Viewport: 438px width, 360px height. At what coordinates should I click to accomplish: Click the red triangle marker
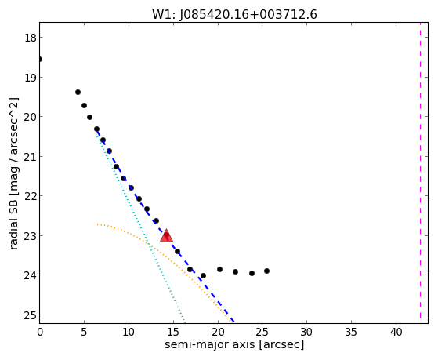tap(166, 235)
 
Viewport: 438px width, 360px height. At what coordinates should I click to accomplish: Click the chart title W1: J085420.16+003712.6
tap(234, 15)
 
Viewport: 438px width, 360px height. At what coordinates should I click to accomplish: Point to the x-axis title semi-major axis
tap(234, 344)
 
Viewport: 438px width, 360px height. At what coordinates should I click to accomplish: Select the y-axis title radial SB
tap(13, 173)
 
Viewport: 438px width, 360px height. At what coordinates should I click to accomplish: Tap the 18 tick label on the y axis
tap(31, 38)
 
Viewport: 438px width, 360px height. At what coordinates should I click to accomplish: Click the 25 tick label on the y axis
tap(31, 315)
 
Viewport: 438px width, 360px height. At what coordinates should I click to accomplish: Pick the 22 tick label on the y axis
tap(31, 196)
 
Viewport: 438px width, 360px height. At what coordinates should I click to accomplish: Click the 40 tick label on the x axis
tap(396, 332)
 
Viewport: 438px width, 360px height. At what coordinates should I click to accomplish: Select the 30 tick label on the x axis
tap(306, 332)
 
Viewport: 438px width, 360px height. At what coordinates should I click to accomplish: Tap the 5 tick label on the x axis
tap(84, 332)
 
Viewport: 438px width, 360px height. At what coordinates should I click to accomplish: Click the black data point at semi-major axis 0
tap(40, 59)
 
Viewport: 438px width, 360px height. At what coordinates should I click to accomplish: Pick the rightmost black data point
tap(266, 271)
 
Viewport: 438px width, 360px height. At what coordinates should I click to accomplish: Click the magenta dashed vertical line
tap(420, 173)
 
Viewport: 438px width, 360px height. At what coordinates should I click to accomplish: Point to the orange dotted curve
tap(164, 255)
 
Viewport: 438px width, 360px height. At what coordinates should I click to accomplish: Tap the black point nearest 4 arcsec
tap(78, 92)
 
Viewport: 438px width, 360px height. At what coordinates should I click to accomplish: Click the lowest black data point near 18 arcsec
tap(203, 275)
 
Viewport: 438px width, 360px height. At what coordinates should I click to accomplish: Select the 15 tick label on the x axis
tap(173, 332)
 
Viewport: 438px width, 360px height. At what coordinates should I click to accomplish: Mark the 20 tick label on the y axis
tap(31, 117)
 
